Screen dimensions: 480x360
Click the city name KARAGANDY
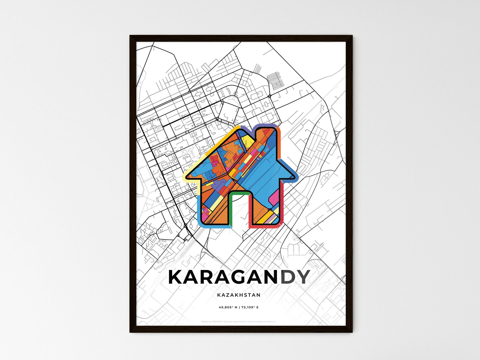[x=239, y=277]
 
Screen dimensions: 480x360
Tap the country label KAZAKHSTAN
[x=239, y=295]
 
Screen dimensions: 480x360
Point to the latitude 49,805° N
[x=228, y=308]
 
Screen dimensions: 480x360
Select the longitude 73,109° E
[x=249, y=308]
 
